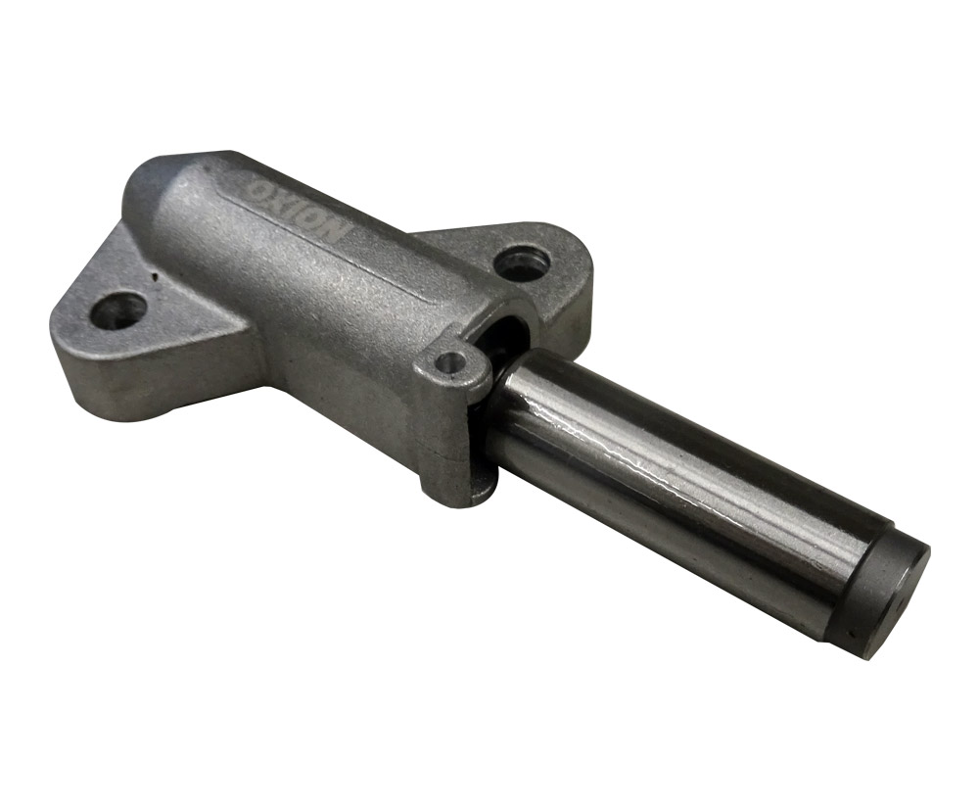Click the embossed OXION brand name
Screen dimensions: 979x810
coord(296,205)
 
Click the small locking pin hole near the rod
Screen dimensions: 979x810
coord(452,362)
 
